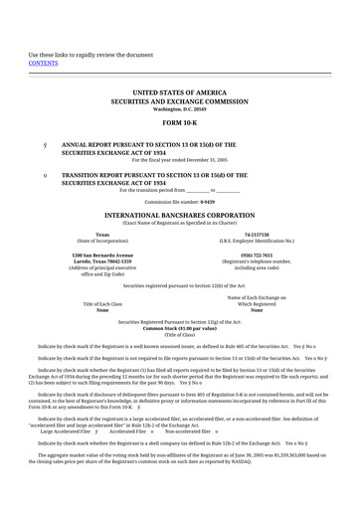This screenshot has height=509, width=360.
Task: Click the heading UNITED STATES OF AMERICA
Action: (179, 91)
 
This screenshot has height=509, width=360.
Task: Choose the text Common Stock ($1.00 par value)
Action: (179, 300)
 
